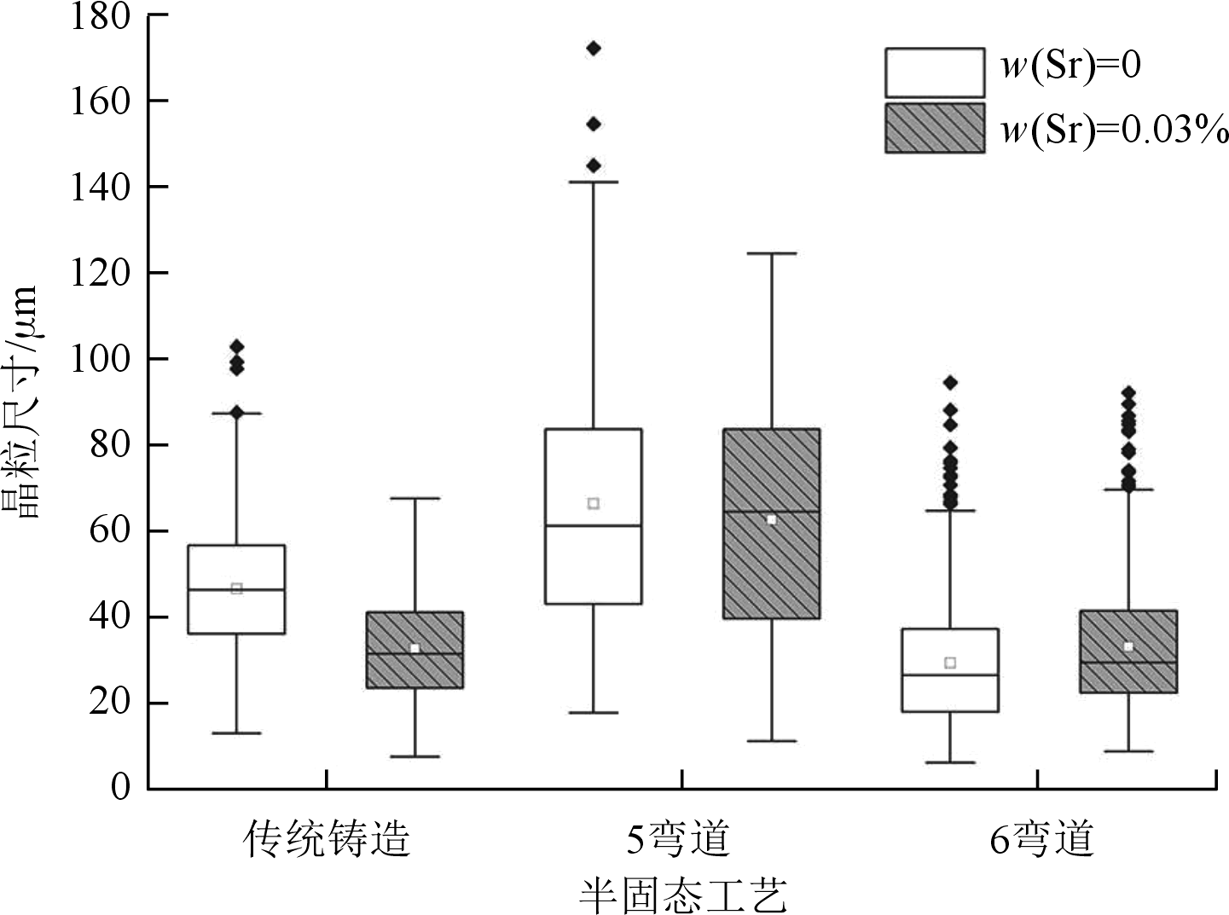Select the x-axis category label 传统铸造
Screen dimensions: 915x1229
(x=327, y=839)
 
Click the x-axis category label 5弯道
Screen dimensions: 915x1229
(x=679, y=839)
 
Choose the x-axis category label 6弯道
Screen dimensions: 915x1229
(x=1041, y=839)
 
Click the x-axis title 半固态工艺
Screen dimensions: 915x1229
(x=681, y=893)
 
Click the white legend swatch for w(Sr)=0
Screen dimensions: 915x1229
(x=935, y=72)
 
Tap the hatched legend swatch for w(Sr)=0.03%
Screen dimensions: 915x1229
(x=935, y=128)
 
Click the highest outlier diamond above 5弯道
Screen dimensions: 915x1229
(x=594, y=48)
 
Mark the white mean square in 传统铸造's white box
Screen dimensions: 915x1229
(x=237, y=588)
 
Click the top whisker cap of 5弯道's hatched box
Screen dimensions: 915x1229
(x=772, y=253)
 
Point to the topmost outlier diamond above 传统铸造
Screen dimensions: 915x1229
(x=237, y=346)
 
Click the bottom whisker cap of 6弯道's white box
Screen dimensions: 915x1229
(x=950, y=762)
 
